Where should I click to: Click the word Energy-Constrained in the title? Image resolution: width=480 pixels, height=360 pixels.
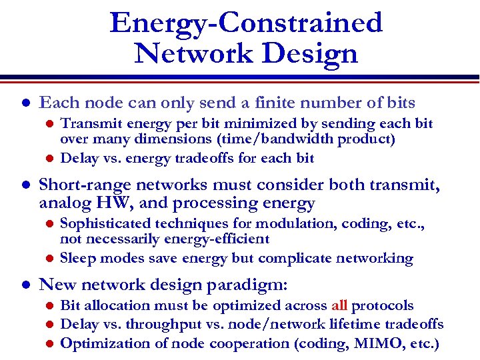click(246, 23)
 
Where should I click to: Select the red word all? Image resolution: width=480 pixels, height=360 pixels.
click(339, 305)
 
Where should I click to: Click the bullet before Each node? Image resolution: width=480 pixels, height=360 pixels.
click(25, 104)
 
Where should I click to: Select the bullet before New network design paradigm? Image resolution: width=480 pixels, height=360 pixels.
click(25, 285)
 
